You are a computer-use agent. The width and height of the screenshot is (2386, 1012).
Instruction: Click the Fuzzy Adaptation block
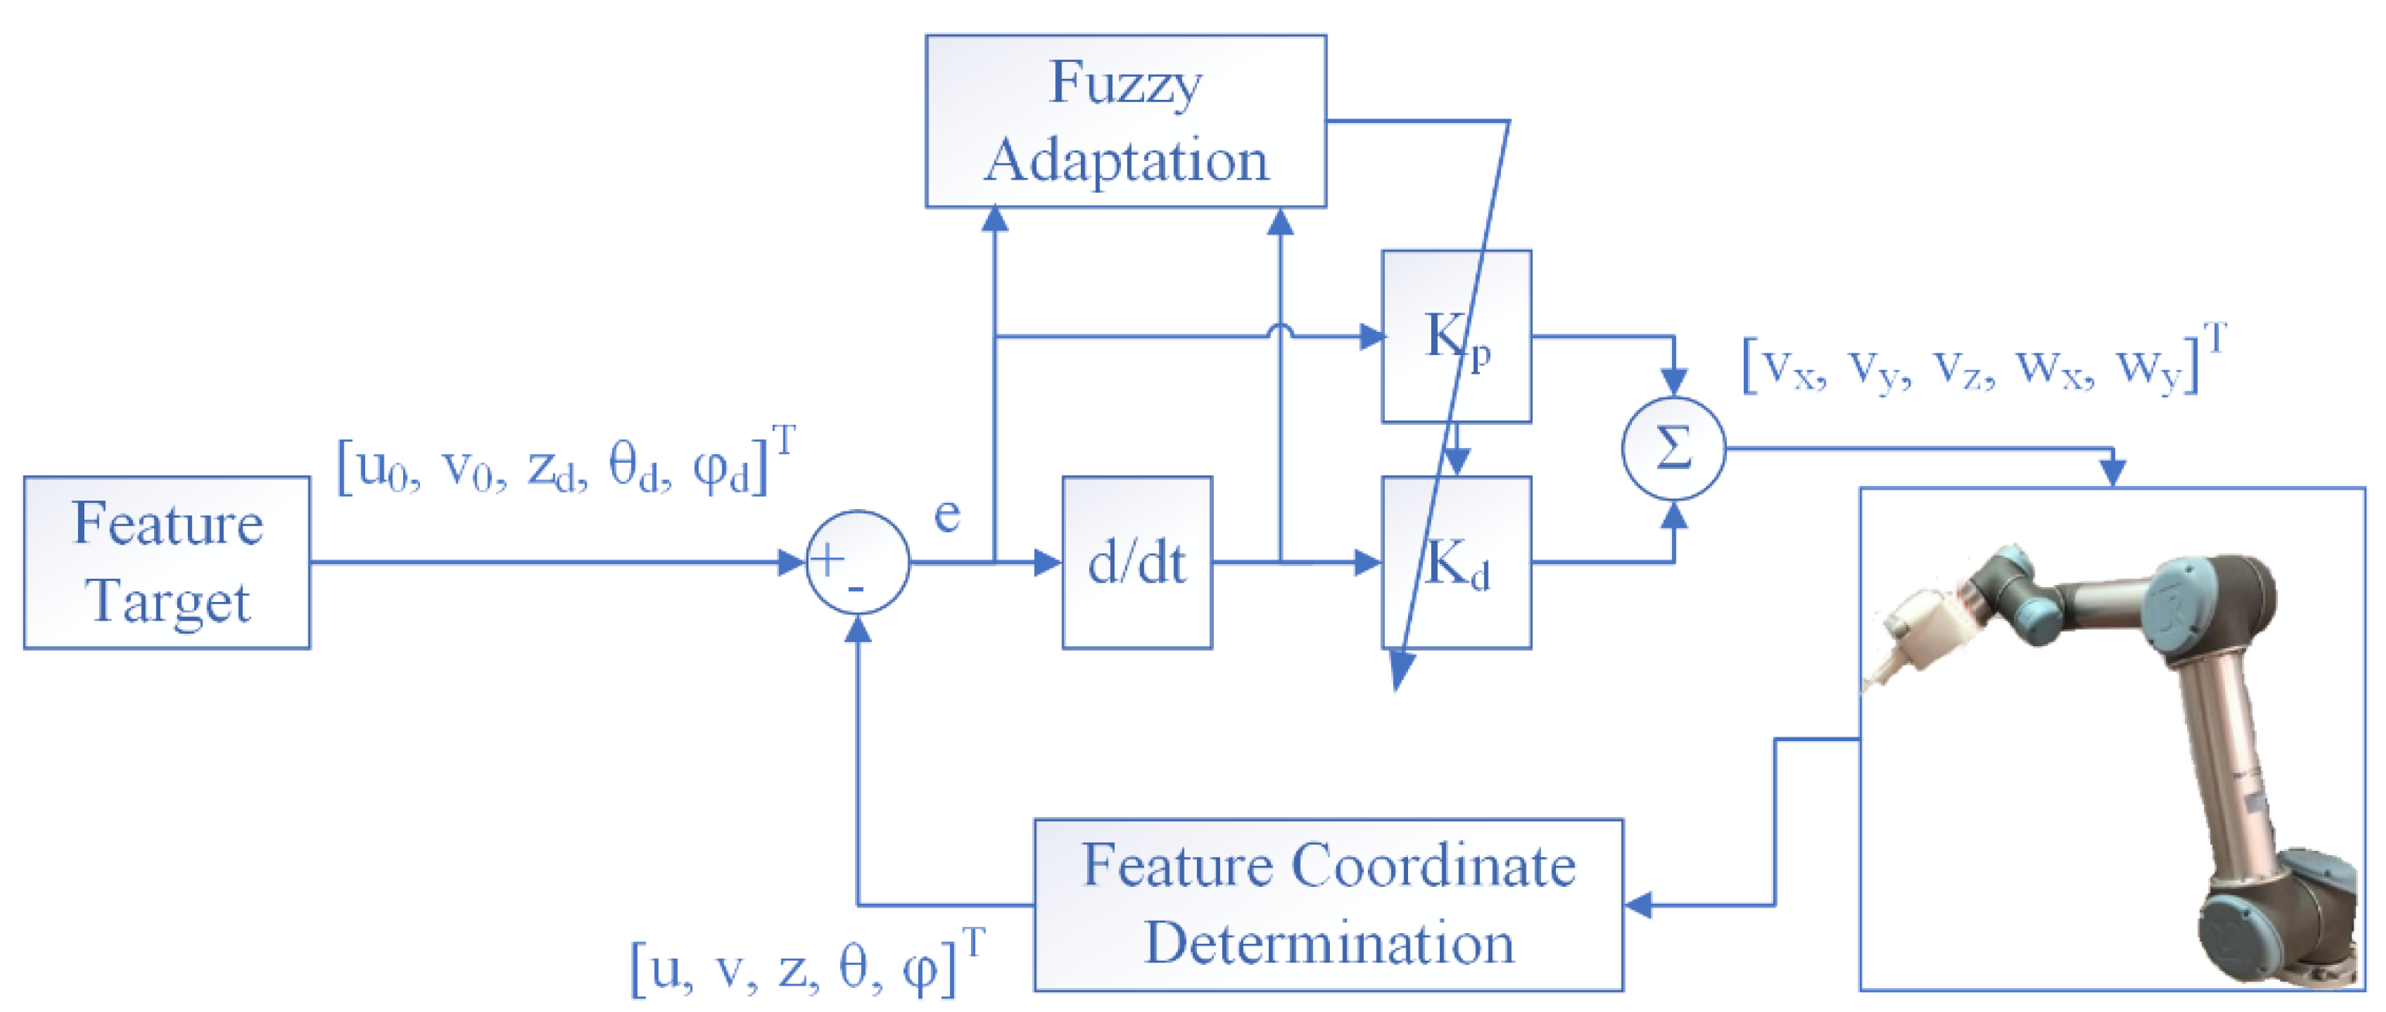coord(1126,121)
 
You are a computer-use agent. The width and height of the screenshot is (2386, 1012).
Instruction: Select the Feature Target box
coord(166,562)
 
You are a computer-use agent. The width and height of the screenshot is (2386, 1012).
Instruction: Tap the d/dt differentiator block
coord(1137,562)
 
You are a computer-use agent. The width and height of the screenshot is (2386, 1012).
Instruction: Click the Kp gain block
coord(1456,336)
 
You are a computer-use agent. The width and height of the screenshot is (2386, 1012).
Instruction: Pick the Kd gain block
coord(1456,562)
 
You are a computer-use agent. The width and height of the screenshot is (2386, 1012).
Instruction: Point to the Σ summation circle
coord(1673,449)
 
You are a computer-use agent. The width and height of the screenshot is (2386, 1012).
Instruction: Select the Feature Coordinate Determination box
coord(1328,904)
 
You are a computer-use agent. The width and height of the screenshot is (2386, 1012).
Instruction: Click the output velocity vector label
coord(1982,363)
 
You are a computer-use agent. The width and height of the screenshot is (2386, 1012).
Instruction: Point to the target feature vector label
coord(565,466)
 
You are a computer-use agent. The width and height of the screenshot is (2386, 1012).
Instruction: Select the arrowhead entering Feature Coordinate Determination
coord(1638,904)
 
